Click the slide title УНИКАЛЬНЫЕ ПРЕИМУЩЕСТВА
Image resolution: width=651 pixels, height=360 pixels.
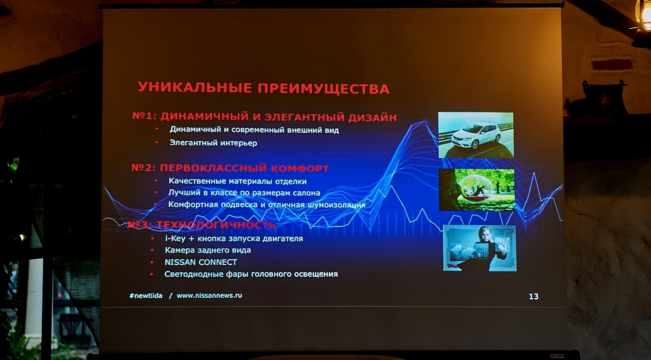point(264,88)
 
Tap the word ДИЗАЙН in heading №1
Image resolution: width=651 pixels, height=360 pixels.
point(372,117)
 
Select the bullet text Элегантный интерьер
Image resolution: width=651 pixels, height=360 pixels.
point(213,143)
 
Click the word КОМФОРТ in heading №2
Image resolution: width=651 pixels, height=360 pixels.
point(300,168)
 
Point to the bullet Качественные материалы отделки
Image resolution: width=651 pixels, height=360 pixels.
point(238,181)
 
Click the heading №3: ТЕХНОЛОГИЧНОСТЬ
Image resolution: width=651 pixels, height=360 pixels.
point(202,225)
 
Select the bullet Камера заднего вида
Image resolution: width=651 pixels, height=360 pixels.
point(207,251)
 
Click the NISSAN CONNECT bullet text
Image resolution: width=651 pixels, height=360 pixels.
point(201,262)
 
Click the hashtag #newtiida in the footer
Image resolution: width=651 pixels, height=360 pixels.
point(146,296)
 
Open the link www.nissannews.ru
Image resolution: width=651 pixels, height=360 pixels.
point(209,296)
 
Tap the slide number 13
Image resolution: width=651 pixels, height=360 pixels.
point(533,297)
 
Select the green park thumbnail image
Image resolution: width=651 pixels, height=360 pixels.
point(476,190)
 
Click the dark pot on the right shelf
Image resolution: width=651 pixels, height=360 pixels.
point(605,98)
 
